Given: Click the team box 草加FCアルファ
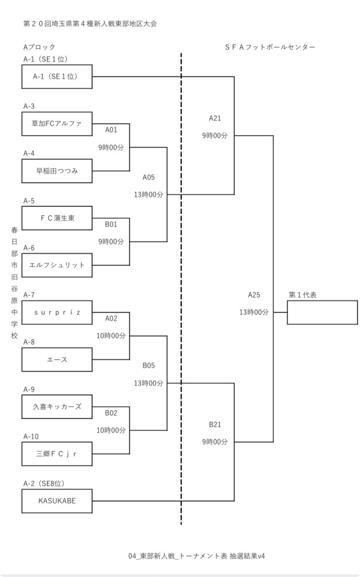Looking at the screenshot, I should [x=57, y=124].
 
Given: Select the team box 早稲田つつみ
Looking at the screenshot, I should [x=57, y=171].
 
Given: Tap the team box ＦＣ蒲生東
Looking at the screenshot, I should [x=57, y=218].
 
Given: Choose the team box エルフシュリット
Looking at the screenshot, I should [x=57, y=265].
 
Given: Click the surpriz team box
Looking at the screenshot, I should [x=57, y=313].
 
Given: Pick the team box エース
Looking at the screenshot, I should [x=57, y=360].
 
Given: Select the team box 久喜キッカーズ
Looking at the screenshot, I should [x=57, y=407].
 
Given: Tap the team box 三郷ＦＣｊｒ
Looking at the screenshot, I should [x=57, y=454].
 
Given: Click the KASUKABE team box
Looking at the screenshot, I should [x=57, y=501].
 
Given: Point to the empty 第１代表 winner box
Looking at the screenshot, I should [x=322, y=313].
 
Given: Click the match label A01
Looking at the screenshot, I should [x=111, y=130].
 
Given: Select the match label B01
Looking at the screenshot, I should [x=111, y=224].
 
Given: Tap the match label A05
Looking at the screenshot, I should [x=149, y=177].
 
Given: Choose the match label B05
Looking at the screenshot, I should [x=149, y=366].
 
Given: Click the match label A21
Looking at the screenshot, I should [x=215, y=118].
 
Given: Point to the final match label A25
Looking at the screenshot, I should [x=254, y=295].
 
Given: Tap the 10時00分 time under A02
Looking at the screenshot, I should [x=111, y=336].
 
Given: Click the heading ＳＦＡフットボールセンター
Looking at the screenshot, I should [x=270, y=47].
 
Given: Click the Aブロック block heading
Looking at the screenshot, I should [x=39, y=47].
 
